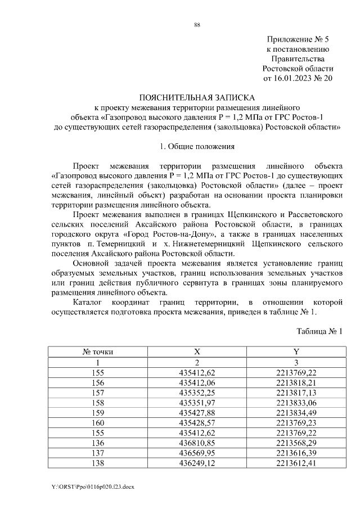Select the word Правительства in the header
[x=298, y=58]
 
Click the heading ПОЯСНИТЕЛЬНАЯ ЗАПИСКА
[x=197, y=97]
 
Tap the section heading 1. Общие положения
[x=197, y=146]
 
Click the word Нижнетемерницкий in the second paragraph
[x=212, y=245]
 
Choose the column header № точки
[x=98, y=352]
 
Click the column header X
[x=197, y=352]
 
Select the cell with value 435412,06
[x=197, y=382]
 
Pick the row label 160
[x=98, y=422]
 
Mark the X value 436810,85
[x=197, y=443]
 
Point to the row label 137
[x=98, y=453]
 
